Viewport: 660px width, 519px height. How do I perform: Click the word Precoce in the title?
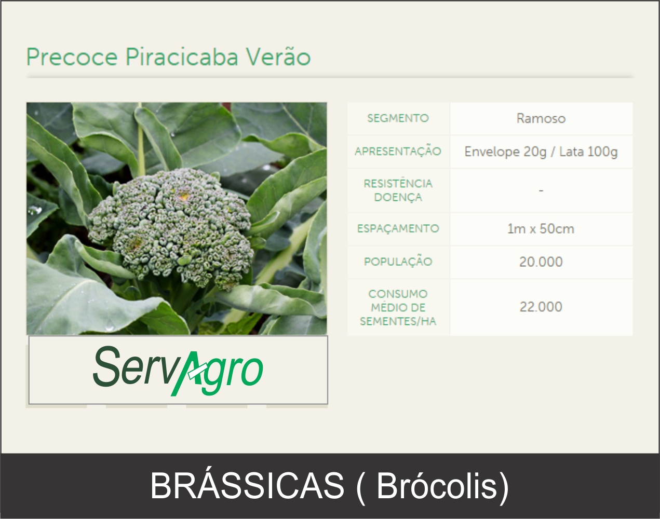coord(72,57)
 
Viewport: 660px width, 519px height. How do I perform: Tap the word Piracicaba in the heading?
coord(182,57)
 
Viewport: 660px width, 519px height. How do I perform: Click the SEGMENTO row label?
coord(398,118)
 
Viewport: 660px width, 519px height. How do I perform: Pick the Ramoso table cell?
coord(541,119)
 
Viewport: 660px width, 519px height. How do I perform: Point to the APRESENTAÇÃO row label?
coord(398,151)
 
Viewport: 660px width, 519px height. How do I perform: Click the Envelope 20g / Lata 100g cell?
coord(541,152)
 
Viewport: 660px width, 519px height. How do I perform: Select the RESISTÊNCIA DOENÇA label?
coord(398,190)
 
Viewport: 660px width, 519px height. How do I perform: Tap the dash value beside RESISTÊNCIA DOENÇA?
coord(541,190)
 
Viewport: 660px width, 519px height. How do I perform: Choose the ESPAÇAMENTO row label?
coord(398,229)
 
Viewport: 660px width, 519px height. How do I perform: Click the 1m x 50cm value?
coord(541,229)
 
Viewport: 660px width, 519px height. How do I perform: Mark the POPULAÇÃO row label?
coord(398,262)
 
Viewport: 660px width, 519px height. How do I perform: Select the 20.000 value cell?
coord(541,262)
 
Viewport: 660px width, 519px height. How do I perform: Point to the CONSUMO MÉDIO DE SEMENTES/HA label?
coord(398,307)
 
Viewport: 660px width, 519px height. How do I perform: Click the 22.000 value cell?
coord(541,307)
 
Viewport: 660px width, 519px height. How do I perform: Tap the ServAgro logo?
coord(178,371)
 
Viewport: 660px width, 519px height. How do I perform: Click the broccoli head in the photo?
coord(172,227)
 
